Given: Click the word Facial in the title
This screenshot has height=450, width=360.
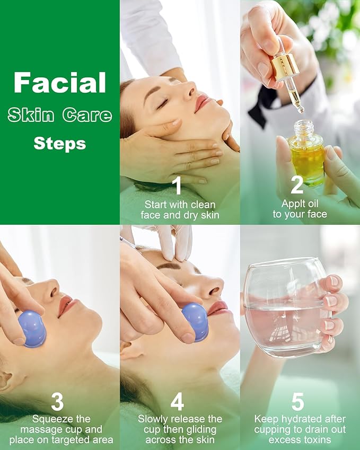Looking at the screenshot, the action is tap(60, 83).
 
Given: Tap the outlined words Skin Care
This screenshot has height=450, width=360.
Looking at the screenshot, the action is tap(60, 115).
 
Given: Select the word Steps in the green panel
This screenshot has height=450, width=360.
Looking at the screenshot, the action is tap(60, 144).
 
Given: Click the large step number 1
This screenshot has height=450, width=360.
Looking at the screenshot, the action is tap(178, 186).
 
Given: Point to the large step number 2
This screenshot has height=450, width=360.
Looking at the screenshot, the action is tap(297, 185).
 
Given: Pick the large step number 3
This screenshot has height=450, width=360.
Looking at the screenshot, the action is tap(57, 402).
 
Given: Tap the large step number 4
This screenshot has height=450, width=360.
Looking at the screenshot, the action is tap(177, 402).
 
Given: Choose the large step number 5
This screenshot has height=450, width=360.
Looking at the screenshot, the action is tap(298, 401).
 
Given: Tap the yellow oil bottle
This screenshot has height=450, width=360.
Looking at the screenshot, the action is tap(306, 152).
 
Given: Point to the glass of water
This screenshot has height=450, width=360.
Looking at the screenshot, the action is tap(286, 307).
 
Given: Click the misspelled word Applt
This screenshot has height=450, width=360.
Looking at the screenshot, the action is tap(292, 204).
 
